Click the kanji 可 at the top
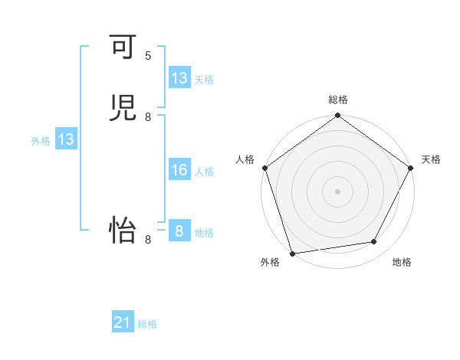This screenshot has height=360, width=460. (123, 47)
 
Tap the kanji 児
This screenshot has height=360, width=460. (123, 109)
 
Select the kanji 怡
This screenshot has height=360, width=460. (123, 231)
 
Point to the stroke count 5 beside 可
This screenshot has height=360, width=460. (148, 56)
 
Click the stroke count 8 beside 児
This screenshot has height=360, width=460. (148, 117)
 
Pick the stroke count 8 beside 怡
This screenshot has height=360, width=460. (148, 240)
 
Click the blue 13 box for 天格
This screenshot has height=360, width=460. (179, 78)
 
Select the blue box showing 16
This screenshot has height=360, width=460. (179, 170)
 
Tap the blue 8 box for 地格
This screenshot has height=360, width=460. (179, 231)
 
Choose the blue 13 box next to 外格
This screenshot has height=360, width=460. (66, 139)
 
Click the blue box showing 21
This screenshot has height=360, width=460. (123, 323)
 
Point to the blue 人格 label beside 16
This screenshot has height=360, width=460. (205, 172)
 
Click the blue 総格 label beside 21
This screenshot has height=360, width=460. (147, 324)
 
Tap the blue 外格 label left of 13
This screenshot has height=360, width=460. (41, 141)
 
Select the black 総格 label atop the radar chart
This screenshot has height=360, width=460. (338, 100)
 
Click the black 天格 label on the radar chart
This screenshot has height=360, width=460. (431, 159)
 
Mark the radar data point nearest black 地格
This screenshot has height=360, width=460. (374, 242)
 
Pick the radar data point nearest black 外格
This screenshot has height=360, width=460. (293, 253)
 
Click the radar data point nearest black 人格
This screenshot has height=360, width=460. (264, 168)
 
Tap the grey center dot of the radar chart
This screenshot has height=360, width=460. (338, 191)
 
